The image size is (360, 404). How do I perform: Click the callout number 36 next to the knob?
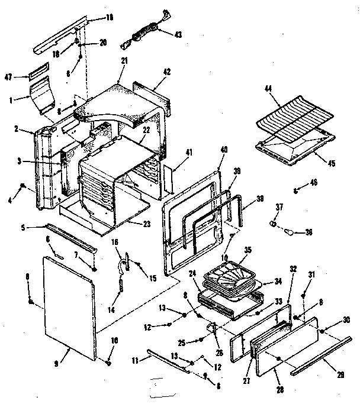click(308, 232)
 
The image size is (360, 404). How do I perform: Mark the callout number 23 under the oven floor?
click(146, 223)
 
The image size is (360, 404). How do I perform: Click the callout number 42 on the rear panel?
click(166, 70)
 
